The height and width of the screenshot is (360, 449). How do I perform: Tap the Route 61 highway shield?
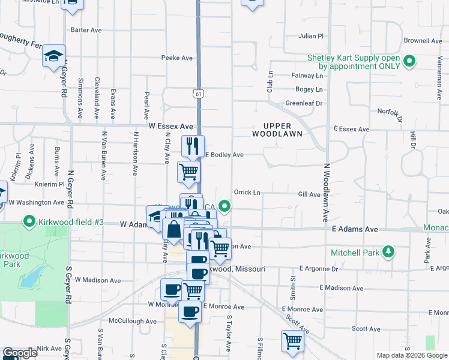199,94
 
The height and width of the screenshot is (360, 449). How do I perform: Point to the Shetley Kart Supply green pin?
410,61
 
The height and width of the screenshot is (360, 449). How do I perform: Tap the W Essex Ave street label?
170,127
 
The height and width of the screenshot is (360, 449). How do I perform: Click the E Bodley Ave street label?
224,155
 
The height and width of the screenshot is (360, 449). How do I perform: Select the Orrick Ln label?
247,193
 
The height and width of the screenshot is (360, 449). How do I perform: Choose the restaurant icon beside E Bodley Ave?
193,145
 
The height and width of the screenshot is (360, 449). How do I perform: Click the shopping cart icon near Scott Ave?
292,340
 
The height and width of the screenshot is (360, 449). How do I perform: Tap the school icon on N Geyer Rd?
53,56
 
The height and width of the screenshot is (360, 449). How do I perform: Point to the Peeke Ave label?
176,58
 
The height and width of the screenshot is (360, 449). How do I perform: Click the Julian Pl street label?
311,36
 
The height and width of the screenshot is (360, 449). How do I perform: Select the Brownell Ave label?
423,41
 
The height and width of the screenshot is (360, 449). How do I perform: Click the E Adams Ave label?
355,229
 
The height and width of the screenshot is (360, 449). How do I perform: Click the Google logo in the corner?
20,353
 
